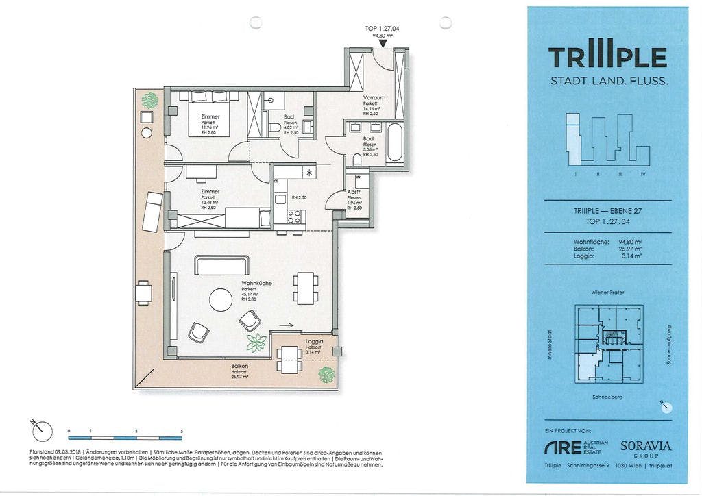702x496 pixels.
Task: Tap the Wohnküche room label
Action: point(254,283)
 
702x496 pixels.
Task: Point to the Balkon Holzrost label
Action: point(239,369)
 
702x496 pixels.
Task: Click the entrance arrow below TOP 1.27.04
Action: point(383,44)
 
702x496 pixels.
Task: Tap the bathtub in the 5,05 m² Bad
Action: point(394,142)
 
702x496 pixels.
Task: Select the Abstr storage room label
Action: point(354,193)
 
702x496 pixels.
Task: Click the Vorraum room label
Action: point(374,98)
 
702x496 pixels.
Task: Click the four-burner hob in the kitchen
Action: point(294,217)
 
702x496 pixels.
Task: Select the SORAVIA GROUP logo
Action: point(645,449)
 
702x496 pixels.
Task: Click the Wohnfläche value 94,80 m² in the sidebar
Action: point(629,242)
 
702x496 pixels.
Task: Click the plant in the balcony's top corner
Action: point(149,101)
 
